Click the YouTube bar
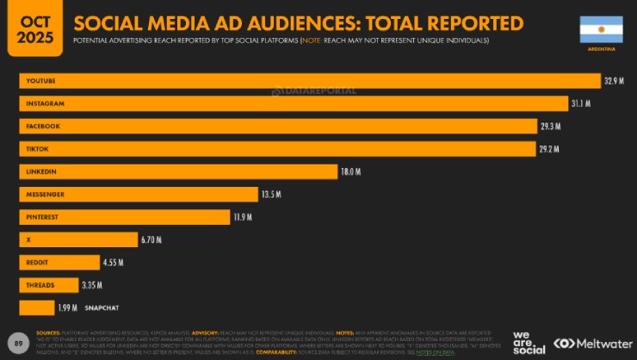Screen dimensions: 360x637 pos(310,81)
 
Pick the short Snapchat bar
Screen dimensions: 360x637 pos(37,307)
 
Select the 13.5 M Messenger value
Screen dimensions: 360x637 pos(271,194)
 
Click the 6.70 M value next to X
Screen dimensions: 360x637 pos(152,239)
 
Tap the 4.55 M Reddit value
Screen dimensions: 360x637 pos(114,262)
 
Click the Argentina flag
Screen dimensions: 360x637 pos(601,30)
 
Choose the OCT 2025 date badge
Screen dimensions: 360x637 pos(34,28)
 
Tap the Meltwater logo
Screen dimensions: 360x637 pos(589,342)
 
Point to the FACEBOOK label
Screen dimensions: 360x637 pos(43,127)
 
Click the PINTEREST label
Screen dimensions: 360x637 pos(42,217)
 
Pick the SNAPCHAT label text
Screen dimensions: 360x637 pos(101,307)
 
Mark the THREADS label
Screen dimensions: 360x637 pos(41,284)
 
